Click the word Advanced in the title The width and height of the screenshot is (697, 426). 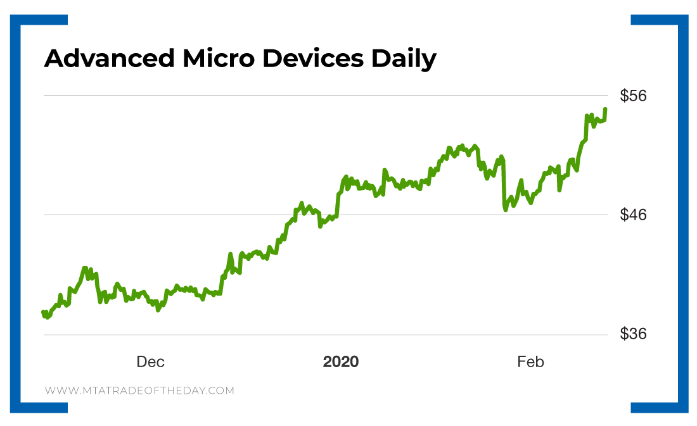coord(108,59)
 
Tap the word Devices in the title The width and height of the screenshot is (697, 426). coord(312,59)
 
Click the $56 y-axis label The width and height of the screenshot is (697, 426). coord(633,96)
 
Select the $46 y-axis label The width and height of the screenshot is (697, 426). coord(633,215)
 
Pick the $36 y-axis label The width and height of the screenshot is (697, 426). coord(633,334)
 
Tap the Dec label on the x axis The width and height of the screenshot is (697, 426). coord(150,362)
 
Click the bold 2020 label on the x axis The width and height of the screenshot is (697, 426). coord(341,362)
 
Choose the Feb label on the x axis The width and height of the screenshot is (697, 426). coord(530,362)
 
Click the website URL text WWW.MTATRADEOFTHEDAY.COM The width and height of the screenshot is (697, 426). coord(139,391)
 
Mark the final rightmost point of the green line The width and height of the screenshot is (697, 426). coord(606,109)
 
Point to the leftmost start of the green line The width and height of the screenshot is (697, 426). coord(43,312)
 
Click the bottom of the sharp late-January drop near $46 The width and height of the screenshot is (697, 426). coord(506,210)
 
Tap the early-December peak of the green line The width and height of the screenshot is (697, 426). coord(85,268)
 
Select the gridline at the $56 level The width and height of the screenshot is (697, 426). coord(317,96)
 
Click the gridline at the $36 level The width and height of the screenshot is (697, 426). coord(317,334)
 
